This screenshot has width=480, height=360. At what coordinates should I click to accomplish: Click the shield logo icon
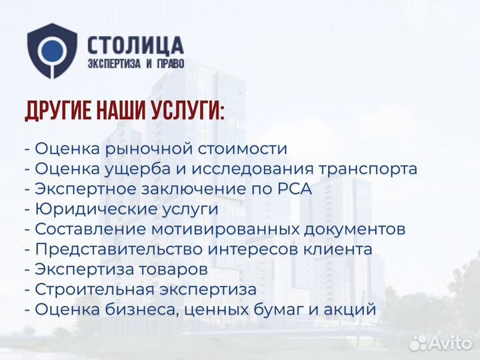tap(52, 51)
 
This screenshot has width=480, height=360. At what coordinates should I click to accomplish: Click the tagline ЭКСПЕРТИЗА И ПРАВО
tap(135, 65)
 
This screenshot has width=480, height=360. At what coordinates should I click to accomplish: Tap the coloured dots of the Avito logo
tap(418, 343)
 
